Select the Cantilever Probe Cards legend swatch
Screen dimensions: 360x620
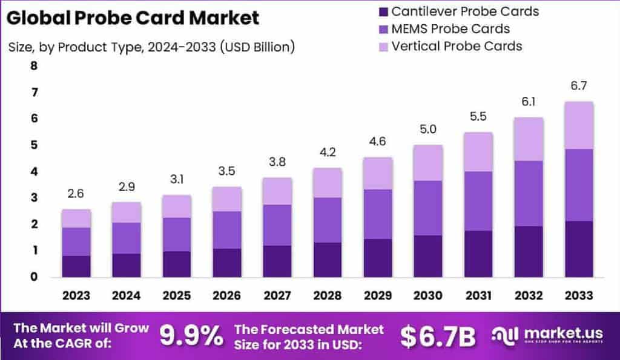pyautogui.click(x=382, y=11)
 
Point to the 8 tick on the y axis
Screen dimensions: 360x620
pyautogui.click(x=34, y=66)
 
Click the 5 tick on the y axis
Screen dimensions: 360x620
pyautogui.click(x=34, y=145)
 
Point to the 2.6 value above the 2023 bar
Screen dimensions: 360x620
pyautogui.click(x=76, y=194)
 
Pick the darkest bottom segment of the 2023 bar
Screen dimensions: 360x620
pyautogui.click(x=76, y=266)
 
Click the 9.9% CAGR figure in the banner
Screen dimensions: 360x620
pyautogui.click(x=191, y=336)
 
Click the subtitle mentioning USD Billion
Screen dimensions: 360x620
pyautogui.click(x=151, y=47)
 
